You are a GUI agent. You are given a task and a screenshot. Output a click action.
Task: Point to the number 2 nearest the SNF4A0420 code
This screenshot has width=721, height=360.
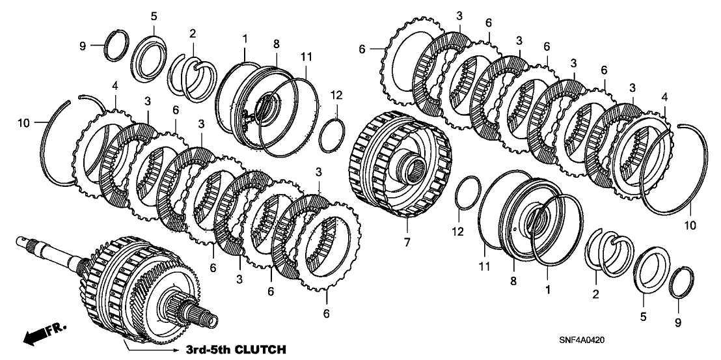595,294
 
